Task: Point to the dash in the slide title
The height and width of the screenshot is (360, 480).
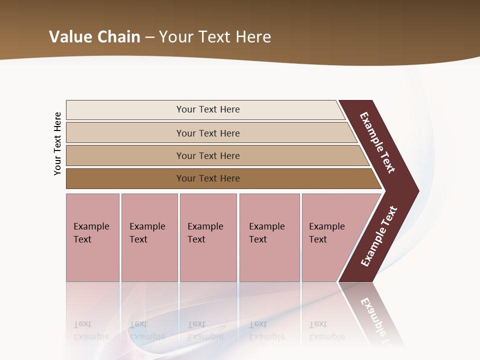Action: (149, 37)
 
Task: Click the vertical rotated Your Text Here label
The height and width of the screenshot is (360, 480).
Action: (57, 143)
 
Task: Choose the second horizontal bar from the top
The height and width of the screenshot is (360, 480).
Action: (207, 133)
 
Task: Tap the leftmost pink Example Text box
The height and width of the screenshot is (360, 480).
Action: (92, 237)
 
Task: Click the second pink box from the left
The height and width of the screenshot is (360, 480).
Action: (149, 237)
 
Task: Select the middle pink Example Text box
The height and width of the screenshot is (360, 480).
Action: (208, 237)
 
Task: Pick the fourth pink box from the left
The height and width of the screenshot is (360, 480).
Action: (269, 237)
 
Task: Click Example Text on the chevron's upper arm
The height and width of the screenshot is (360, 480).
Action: (377, 142)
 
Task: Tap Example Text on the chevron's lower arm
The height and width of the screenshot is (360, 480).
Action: (379, 236)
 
